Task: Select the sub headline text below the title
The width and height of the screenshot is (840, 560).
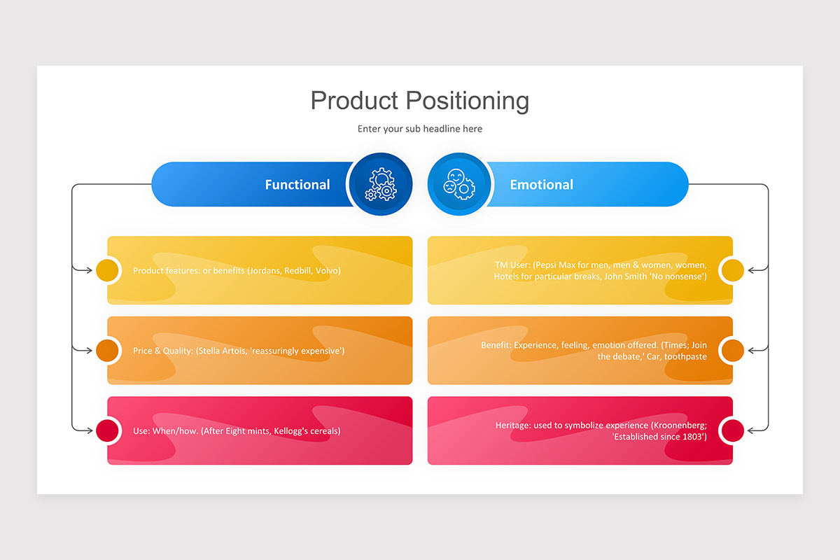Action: tap(419, 129)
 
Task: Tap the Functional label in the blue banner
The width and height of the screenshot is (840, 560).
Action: tap(297, 185)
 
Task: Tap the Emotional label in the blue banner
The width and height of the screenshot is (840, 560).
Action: tap(541, 185)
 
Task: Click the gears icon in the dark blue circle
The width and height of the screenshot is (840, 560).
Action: tap(381, 185)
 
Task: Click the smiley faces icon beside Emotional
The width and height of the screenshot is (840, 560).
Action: tap(459, 185)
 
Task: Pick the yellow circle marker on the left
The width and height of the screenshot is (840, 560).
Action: tap(107, 270)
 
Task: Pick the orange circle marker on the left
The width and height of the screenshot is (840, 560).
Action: tap(107, 351)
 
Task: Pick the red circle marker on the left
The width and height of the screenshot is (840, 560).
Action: tap(107, 430)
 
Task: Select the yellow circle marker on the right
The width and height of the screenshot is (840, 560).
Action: tap(732, 270)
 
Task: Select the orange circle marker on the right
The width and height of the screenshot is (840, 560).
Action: tap(732, 351)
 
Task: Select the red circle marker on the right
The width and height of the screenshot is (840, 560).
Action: tap(732, 430)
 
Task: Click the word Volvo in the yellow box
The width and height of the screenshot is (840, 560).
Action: tap(327, 271)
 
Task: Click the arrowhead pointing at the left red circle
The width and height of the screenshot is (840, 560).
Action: tap(89, 430)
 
